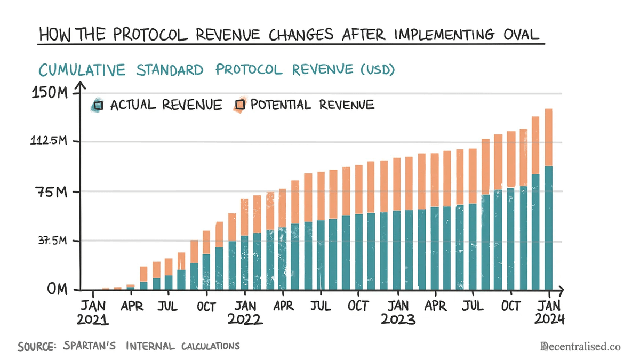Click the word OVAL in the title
click(x=513, y=34)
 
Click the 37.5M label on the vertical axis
click(x=51, y=241)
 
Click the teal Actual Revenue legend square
click(x=98, y=105)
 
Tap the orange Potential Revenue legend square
click(x=240, y=105)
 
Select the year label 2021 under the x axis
click(x=93, y=320)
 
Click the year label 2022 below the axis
click(x=245, y=320)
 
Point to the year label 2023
click(x=398, y=320)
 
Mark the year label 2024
click(x=549, y=320)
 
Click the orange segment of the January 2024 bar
click(x=548, y=138)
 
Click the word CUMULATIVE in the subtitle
click(x=83, y=70)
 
